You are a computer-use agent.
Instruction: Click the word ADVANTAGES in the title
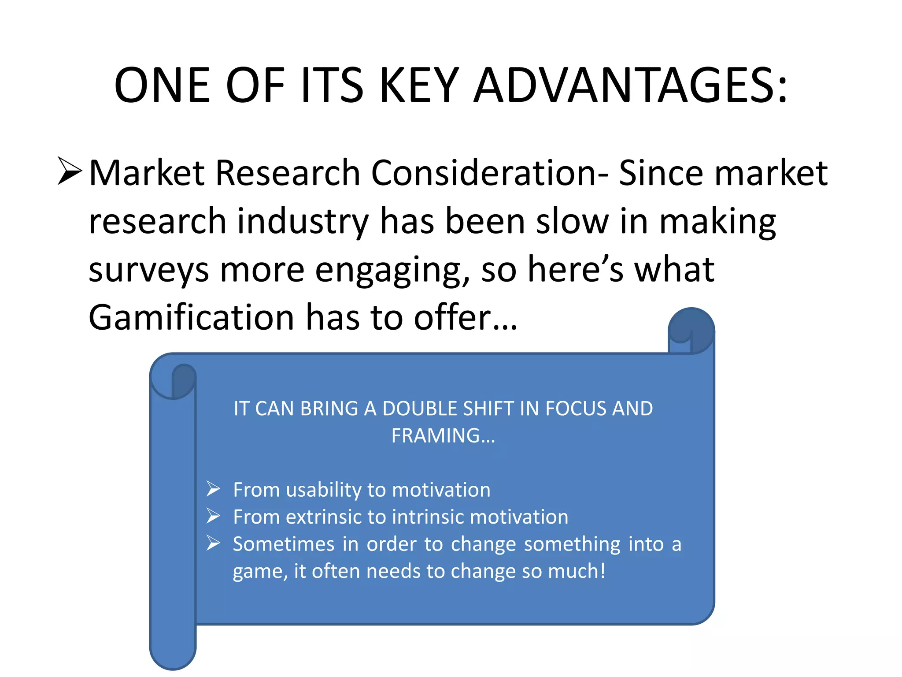[631, 86]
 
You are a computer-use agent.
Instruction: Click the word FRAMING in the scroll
[436, 436]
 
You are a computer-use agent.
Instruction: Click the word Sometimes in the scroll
[284, 544]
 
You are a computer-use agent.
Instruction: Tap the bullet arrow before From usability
[213, 489]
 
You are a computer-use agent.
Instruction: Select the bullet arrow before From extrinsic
[213, 516]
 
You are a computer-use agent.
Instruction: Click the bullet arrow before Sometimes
[213, 543]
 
